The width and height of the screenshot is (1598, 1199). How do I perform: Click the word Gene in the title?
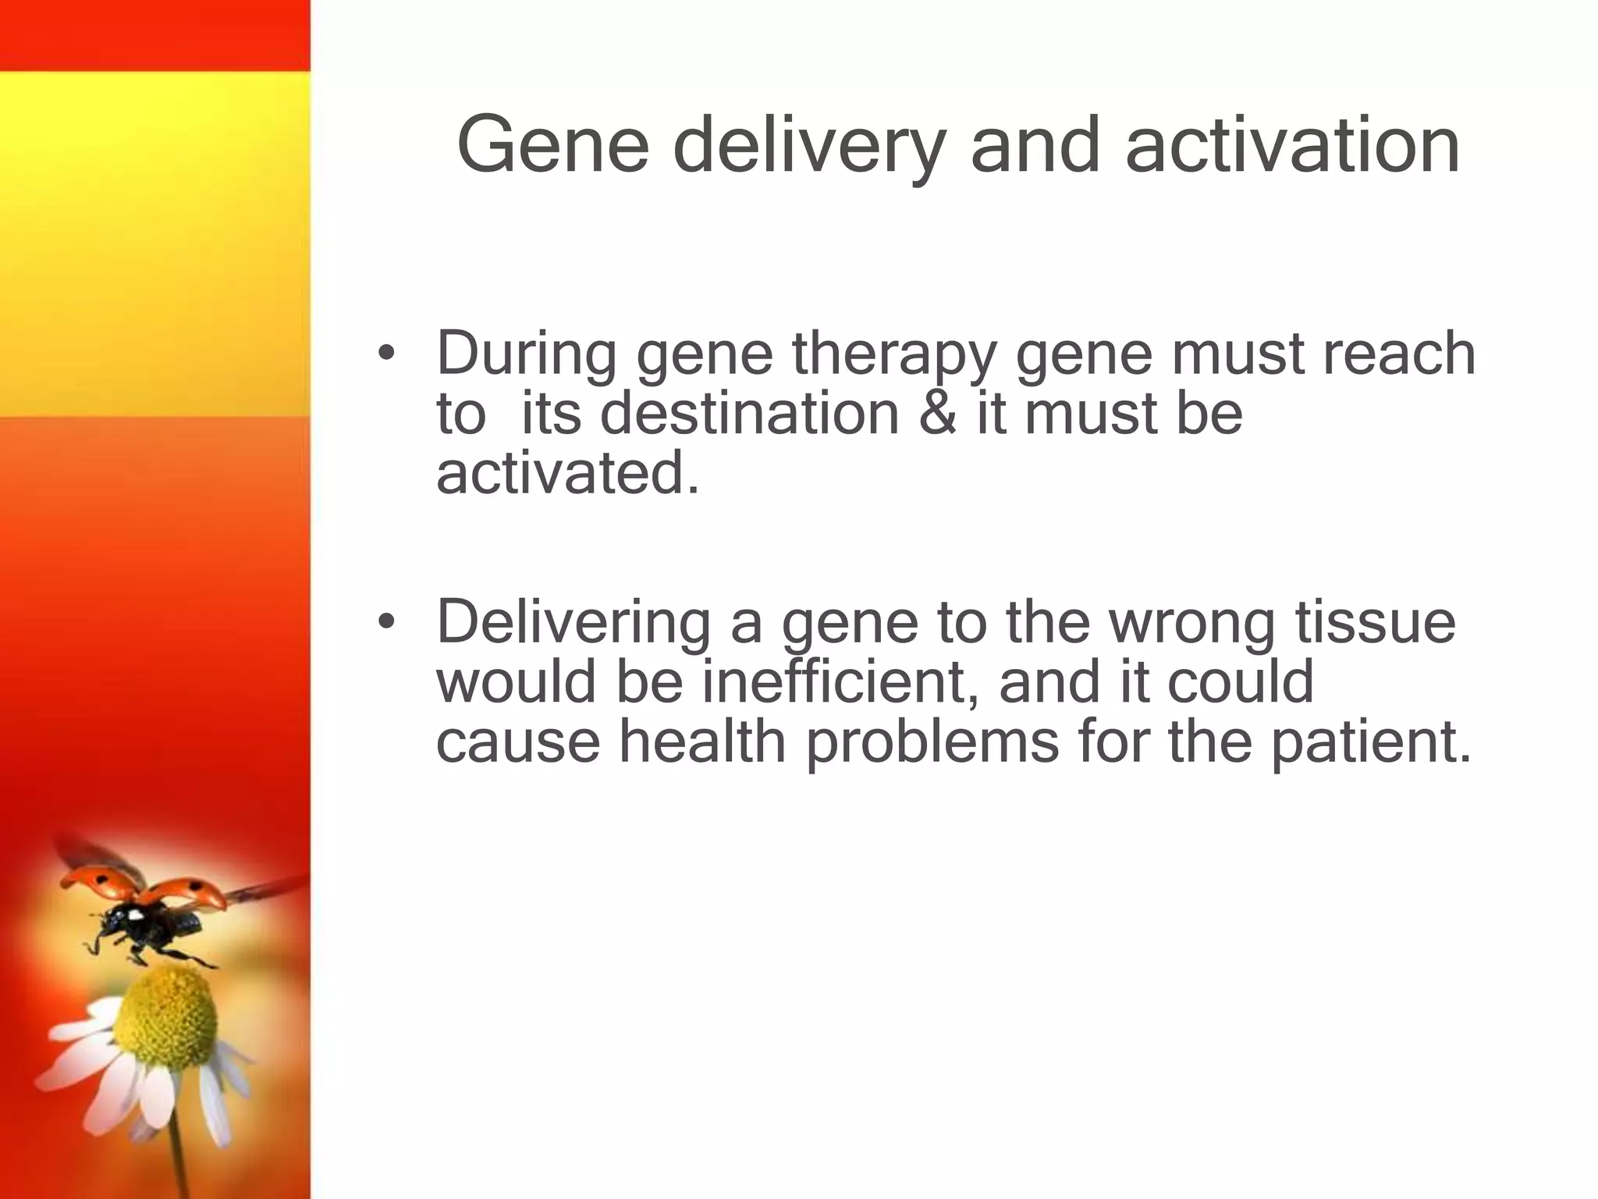[x=552, y=146]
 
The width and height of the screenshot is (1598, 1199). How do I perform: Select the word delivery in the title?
[x=808, y=146]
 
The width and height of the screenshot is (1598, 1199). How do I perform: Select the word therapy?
[x=894, y=355]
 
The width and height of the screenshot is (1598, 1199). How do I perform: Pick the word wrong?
[x=1191, y=623]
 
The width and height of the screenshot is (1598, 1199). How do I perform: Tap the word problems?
[x=932, y=742]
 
